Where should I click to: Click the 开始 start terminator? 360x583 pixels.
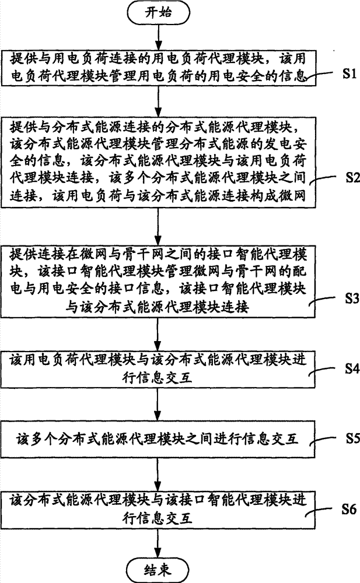(x=158, y=13)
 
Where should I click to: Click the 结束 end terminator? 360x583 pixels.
(x=158, y=570)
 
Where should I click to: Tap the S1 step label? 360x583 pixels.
(x=349, y=73)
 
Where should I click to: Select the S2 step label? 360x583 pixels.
(x=352, y=177)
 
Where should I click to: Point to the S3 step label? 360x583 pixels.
(x=352, y=298)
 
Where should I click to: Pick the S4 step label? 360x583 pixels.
(x=352, y=368)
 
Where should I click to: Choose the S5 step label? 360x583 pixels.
(x=352, y=438)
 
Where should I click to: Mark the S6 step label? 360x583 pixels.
(x=349, y=509)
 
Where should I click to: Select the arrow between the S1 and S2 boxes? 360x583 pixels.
(x=158, y=101)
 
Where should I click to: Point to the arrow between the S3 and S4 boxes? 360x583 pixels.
(x=158, y=334)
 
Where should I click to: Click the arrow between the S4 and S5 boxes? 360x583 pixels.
(x=158, y=405)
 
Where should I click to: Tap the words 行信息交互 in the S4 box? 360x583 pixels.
(x=158, y=378)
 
